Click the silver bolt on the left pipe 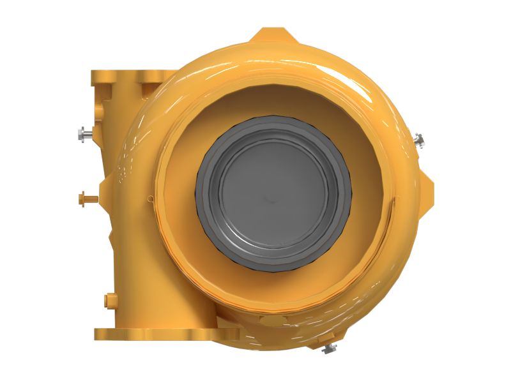84,134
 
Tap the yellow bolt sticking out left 84,198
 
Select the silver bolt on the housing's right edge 419,139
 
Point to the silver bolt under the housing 330,348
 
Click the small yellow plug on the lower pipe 107,299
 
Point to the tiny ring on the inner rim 151,198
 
